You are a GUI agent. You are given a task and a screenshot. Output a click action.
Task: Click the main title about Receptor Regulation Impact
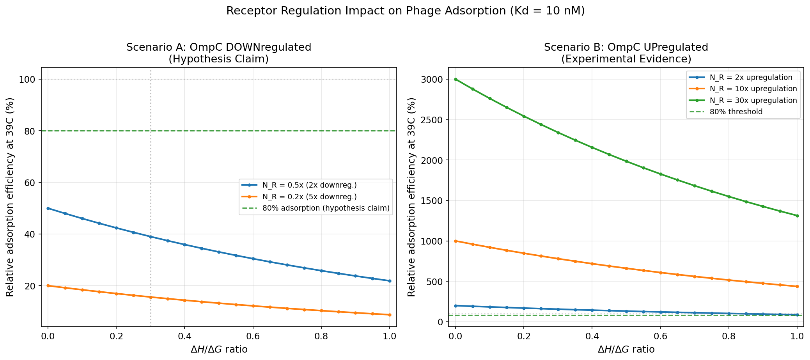(405, 11)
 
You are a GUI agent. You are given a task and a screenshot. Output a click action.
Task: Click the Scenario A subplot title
(218, 53)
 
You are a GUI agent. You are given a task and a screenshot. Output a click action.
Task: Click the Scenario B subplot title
(626, 53)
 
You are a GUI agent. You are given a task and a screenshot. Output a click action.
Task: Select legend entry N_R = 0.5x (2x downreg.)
(310, 185)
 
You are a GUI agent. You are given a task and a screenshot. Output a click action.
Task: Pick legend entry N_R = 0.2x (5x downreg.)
(310, 197)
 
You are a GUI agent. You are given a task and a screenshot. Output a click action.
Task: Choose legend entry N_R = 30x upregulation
(753, 100)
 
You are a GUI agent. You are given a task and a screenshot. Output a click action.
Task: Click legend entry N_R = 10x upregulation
(753, 89)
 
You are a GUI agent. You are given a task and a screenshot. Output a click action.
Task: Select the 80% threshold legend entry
(736, 112)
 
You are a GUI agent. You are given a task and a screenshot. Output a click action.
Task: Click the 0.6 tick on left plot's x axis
(253, 336)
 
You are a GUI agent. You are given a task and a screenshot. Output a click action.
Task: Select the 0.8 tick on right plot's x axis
(728, 336)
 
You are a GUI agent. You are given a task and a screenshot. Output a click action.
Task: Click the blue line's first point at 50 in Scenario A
(48, 208)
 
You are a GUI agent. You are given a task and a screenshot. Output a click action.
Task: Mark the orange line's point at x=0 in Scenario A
(48, 286)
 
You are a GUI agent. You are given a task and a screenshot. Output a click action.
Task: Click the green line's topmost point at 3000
(456, 79)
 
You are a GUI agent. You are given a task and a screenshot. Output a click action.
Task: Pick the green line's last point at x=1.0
(797, 216)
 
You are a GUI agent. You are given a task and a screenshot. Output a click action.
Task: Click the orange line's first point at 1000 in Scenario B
(456, 241)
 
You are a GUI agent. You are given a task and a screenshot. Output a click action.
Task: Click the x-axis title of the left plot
(218, 349)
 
